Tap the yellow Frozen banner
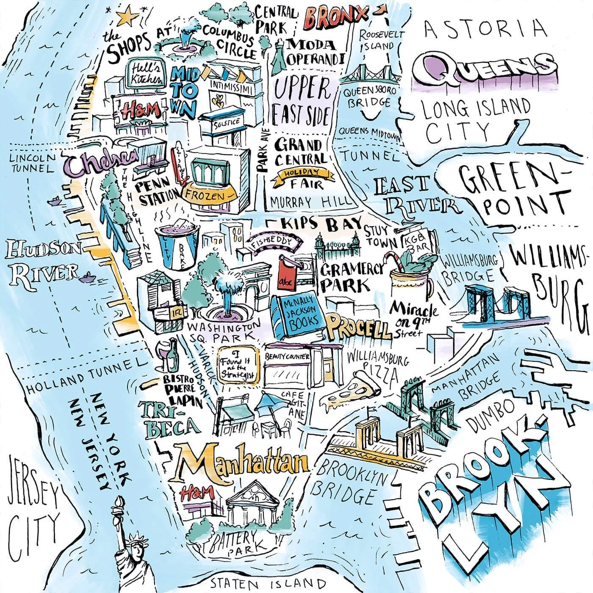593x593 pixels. click(x=209, y=196)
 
